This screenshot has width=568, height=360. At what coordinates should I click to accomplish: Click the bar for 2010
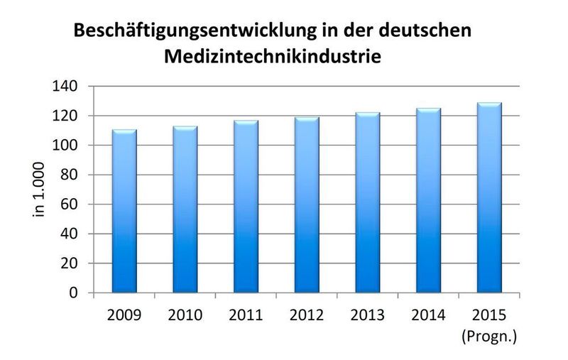pos(185,210)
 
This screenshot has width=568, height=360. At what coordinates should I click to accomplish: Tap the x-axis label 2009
pos(124,313)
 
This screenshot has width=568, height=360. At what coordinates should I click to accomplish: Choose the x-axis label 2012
pos(307,313)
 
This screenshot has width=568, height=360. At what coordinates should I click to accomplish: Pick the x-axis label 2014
pos(428,313)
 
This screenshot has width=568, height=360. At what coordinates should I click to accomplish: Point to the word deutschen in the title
pos(423,33)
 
